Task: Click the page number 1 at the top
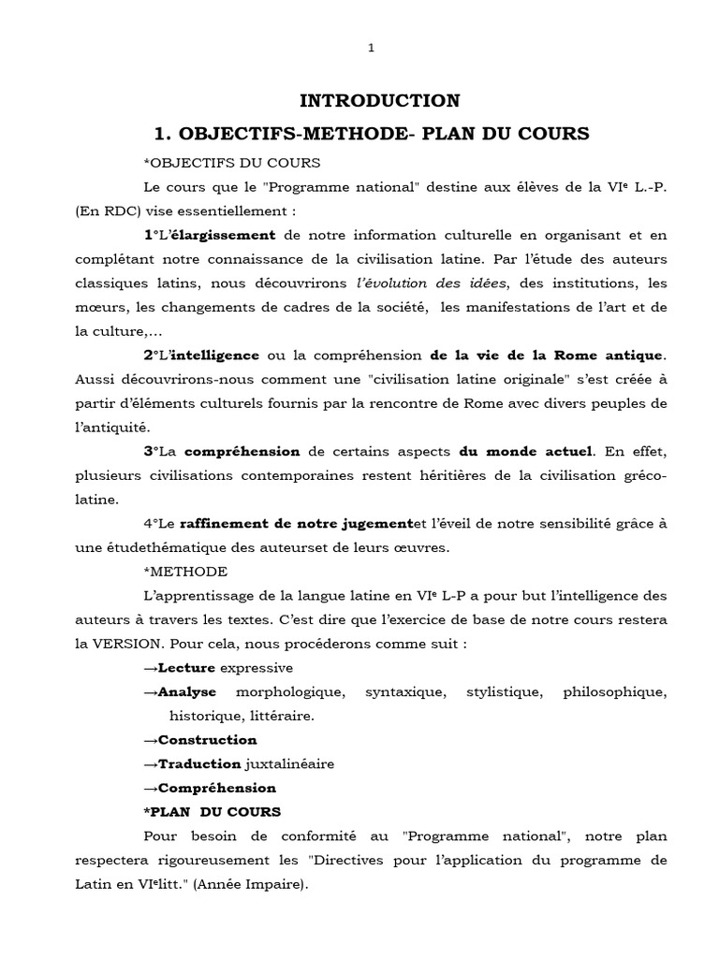pyautogui.click(x=372, y=49)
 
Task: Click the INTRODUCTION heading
pyautogui.click(x=379, y=100)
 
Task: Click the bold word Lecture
pyautogui.click(x=187, y=668)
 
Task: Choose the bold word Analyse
pyautogui.click(x=187, y=692)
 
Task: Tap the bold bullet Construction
pyautogui.click(x=208, y=739)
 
